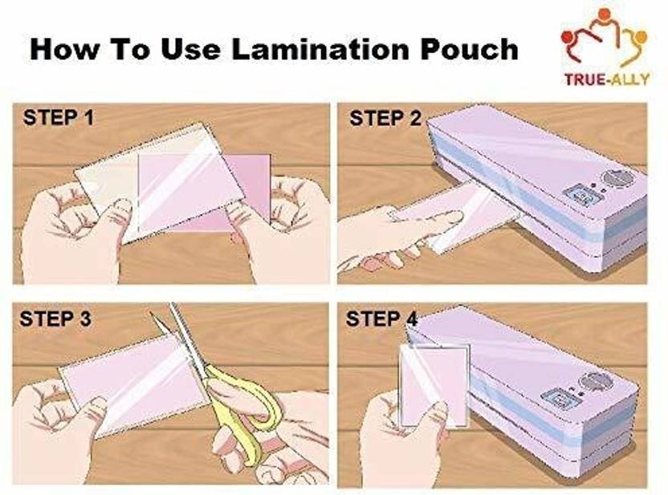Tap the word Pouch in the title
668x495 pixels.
tap(469, 50)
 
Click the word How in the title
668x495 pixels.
tap(64, 50)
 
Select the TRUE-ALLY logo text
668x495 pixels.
tap(607, 79)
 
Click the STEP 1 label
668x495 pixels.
tap(59, 117)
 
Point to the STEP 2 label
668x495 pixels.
tap(385, 118)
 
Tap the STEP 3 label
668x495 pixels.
tap(55, 319)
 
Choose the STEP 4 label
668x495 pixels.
tap(381, 319)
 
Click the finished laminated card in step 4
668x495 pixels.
tap(434, 385)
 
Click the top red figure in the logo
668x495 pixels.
tap(603, 15)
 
